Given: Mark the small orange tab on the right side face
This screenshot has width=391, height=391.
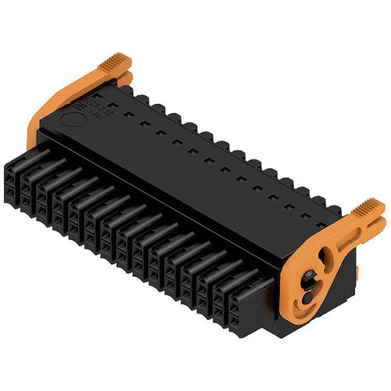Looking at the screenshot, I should [356, 271].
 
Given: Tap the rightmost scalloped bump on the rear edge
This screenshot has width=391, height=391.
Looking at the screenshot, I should [335, 209].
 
